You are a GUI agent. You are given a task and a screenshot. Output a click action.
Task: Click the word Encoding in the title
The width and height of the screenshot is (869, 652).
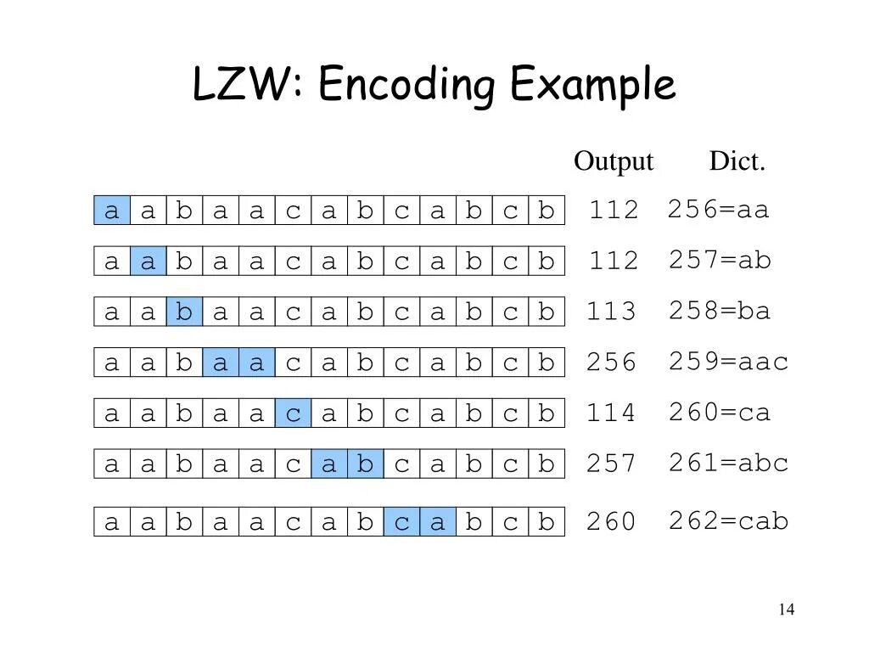[x=406, y=87]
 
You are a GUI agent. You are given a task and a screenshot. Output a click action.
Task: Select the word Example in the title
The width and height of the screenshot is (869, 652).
[x=593, y=85]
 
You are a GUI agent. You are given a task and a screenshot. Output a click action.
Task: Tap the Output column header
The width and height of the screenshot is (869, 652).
[x=614, y=160]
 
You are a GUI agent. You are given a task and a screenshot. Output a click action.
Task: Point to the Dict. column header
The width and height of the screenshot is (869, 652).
[x=737, y=160]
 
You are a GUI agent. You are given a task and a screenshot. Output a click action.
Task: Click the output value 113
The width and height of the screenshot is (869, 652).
[x=611, y=312]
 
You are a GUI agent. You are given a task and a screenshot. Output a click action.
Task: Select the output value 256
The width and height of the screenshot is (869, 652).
[x=611, y=363]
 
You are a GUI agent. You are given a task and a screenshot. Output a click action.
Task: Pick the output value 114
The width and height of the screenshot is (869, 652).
[x=611, y=413]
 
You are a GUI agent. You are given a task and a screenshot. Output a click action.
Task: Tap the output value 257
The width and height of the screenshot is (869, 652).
[x=611, y=464]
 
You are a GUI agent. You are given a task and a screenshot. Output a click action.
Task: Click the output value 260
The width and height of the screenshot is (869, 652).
[x=611, y=521]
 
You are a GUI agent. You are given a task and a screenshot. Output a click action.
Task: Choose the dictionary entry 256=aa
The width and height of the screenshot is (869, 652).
[x=718, y=209]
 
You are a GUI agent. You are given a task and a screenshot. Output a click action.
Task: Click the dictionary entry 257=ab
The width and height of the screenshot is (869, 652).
[x=720, y=260]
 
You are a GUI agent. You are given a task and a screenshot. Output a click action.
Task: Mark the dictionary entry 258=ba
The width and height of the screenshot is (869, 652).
[x=720, y=311]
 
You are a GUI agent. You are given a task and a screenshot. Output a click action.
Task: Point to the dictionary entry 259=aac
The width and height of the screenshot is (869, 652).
[x=728, y=362]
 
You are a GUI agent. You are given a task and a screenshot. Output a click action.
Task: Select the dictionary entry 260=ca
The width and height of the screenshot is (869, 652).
[x=720, y=413]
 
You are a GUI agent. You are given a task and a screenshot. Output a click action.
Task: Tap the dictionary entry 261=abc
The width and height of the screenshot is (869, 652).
[x=728, y=463]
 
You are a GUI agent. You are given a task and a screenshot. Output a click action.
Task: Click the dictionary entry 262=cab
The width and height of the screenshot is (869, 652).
[x=728, y=520]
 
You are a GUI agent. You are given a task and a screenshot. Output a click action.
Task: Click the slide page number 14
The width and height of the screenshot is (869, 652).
[x=786, y=610]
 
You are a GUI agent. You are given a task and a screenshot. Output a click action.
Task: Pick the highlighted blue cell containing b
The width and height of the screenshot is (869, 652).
[x=184, y=312]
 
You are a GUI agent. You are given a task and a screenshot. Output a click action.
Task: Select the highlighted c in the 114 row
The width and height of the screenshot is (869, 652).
[x=293, y=413]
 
